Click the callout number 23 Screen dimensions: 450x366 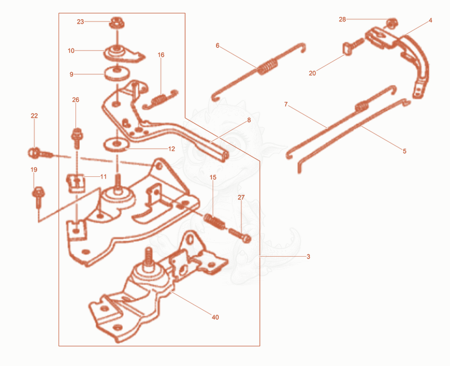[80, 22]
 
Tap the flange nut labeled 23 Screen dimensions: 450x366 [116, 23]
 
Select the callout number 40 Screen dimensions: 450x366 [215, 317]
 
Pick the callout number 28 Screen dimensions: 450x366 [343, 20]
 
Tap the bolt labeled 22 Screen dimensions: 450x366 [40, 153]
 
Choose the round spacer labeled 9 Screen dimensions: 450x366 [117, 74]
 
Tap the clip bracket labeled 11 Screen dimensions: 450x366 [76, 183]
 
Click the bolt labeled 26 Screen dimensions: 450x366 [76, 138]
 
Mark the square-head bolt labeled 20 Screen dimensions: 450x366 [353, 47]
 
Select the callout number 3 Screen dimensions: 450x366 [308, 257]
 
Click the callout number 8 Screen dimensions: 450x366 [249, 120]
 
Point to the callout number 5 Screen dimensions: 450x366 [404, 151]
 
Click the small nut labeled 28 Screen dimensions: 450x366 [391, 23]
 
